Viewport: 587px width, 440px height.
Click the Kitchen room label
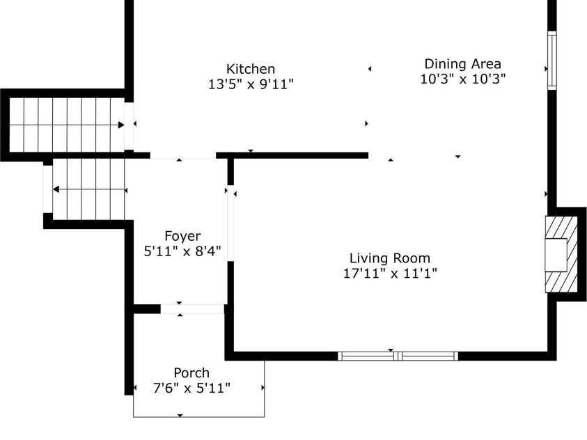pyautogui.click(x=251, y=69)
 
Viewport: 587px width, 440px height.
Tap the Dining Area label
pyautogui.click(x=462, y=64)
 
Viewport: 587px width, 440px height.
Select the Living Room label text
pyautogui.click(x=390, y=258)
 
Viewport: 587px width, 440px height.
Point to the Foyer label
pyautogui.click(x=182, y=236)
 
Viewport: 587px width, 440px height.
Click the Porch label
pyautogui.click(x=191, y=373)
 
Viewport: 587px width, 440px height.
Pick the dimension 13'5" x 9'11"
pyautogui.click(x=251, y=84)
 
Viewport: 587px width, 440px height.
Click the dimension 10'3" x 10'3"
pyautogui.click(x=462, y=79)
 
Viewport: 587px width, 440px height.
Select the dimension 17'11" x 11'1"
pyautogui.click(x=390, y=273)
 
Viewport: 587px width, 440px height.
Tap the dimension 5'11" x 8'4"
pyautogui.click(x=182, y=251)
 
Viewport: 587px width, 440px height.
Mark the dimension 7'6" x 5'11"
pyautogui.click(x=191, y=388)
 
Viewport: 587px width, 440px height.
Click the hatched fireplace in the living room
pyautogui.click(x=561, y=254)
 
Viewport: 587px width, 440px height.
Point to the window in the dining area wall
pyautogui.click(x=552, y=61)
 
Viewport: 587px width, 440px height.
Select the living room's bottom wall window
pyautogui.click(x=398, y=356)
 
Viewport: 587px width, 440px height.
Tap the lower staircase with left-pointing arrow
pyautogui.click(x=87, y=189)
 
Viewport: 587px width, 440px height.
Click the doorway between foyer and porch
pyautogui.click(x=193, y=308)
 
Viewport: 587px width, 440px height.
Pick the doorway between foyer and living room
pyautogui.click(x=230, y=224)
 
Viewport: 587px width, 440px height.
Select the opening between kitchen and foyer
pyautogui.click(x=182, y=156)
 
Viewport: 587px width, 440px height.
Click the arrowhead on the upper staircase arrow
pyautogui.click(x=121, y=125)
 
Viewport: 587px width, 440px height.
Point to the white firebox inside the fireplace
pyautogui.click(x=556, y=255)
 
